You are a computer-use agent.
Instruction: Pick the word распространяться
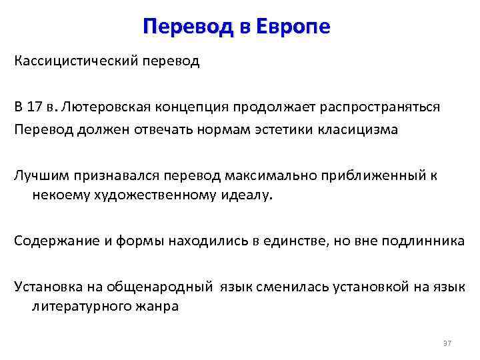pyautogui.click(x=375, y=107)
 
